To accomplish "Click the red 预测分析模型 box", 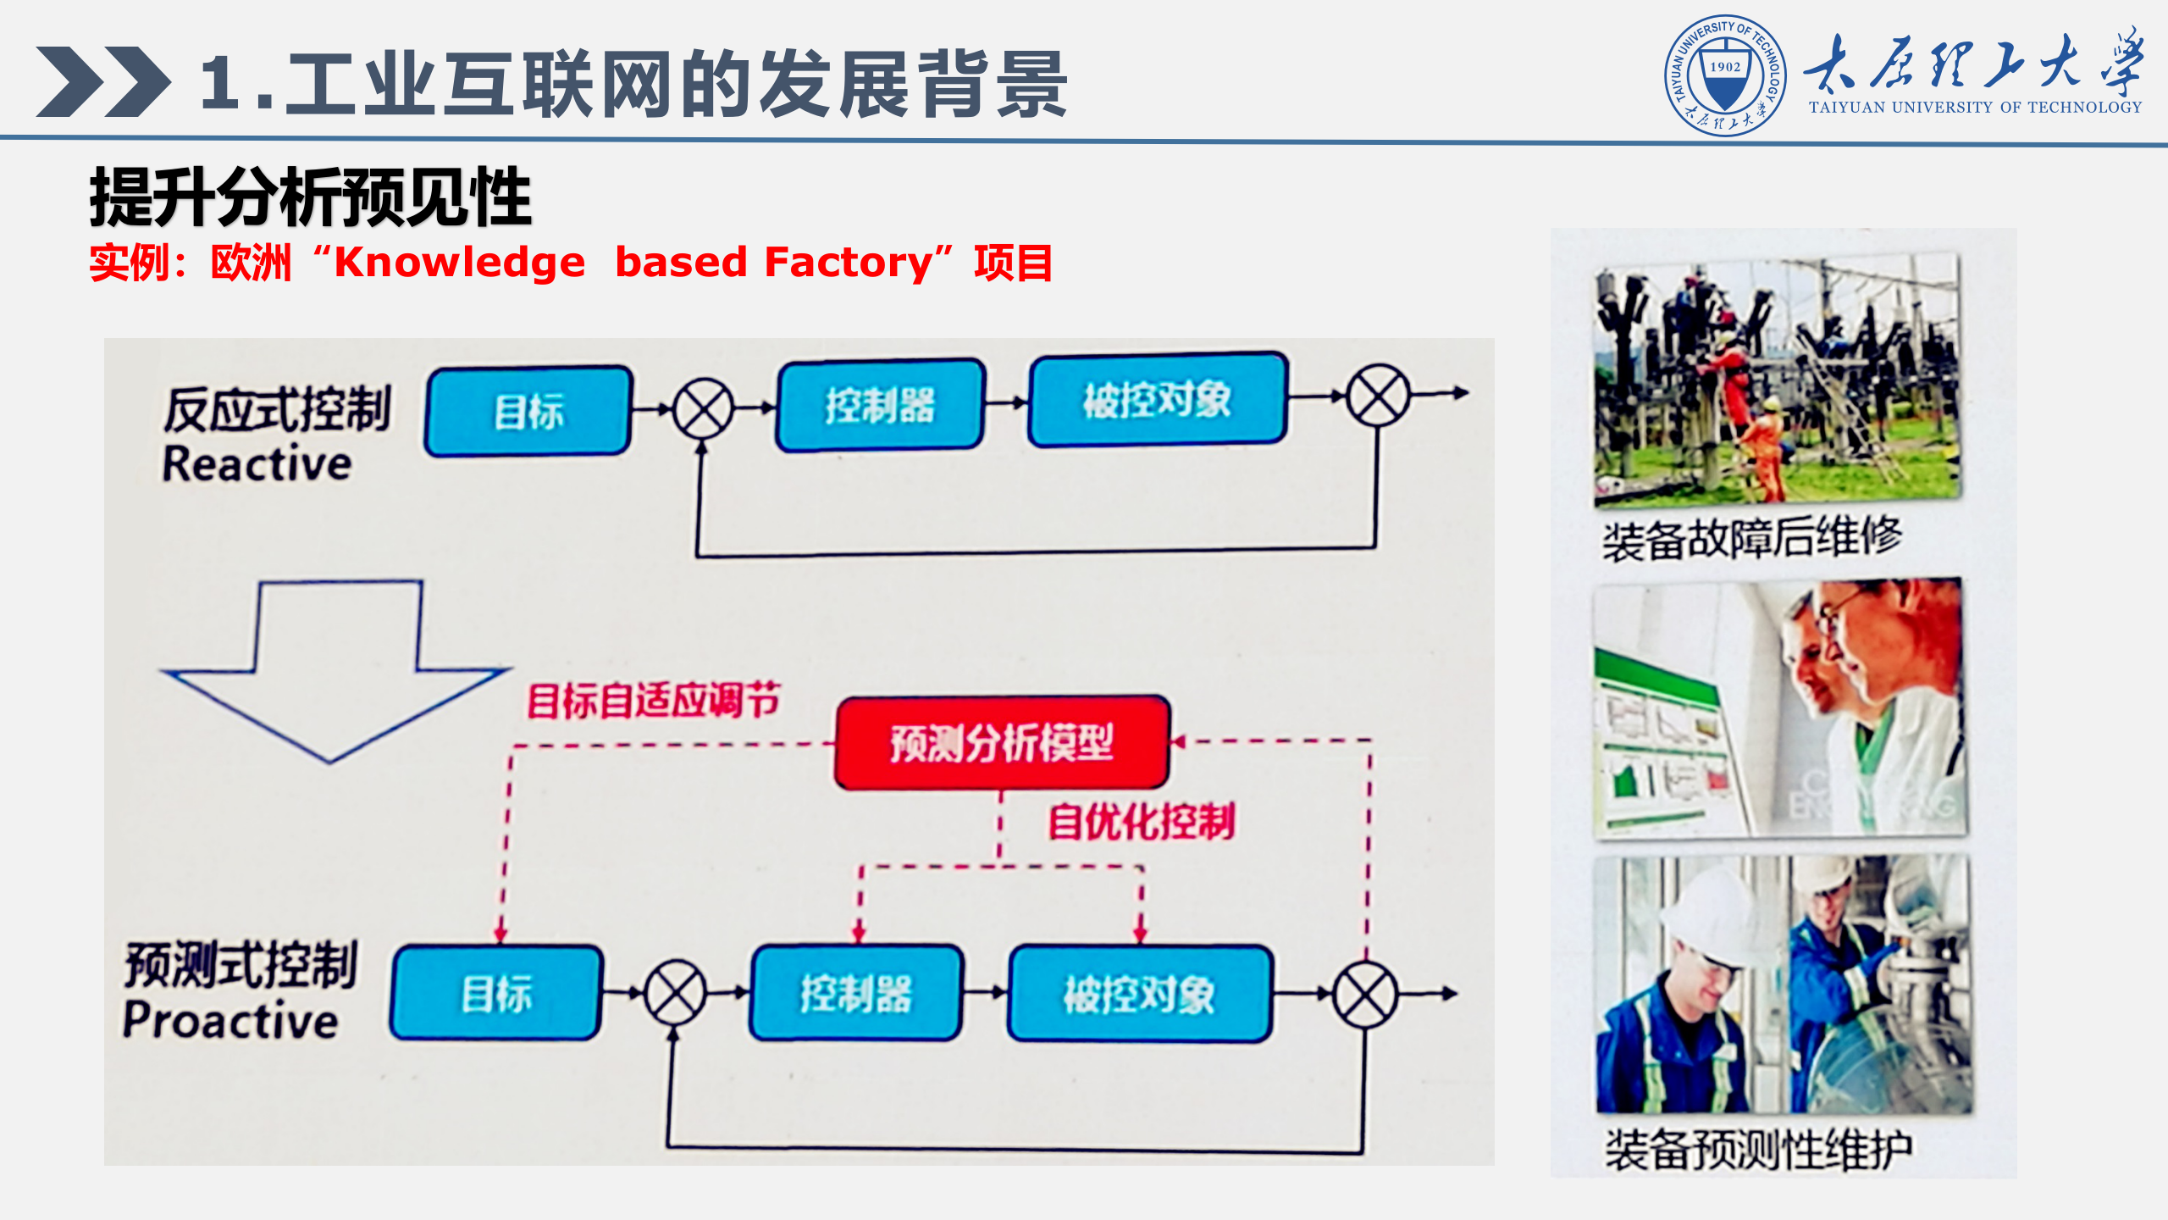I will pos(1002,743).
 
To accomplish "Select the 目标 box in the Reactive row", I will pos(528,412).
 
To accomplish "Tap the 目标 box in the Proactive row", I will pos(496,993).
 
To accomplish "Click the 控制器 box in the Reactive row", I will pos(880,405).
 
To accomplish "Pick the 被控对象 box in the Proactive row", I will pos(1139,993).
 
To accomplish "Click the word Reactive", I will pos(257,464).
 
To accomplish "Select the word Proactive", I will pos(230,1020).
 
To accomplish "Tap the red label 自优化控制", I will pos(1141,821).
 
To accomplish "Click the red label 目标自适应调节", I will pos(653,701).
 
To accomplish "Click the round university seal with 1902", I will pos(1725,75).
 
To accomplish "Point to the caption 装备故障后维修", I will pos(1751,539).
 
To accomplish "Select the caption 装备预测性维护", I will pos(1758,1150).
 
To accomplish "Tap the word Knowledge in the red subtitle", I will pos(460,263).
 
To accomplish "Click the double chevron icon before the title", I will pos(102,81).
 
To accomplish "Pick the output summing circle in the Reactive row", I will pos(1378,395).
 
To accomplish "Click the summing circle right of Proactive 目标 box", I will pos(675,992).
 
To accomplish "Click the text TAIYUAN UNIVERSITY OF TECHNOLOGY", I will pos(1975,108).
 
